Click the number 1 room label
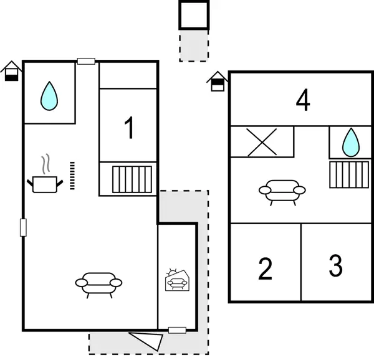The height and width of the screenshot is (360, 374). tap(129, 128)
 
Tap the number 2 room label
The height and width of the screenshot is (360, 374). tap(266, 268)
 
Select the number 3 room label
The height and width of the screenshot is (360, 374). tap(335, 266)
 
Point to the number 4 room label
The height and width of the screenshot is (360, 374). tap(302, 101)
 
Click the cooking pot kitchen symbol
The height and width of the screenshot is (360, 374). tap(46, 179)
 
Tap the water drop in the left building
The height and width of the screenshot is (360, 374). tap(49, 95)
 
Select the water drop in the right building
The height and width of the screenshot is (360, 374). tap(351, 143)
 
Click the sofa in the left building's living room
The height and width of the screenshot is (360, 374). tap(98, 283)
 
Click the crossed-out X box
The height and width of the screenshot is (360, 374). tap(262, 142)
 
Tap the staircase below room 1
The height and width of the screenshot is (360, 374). tap(132, 179)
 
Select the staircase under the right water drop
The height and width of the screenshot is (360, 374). tap(349, 174)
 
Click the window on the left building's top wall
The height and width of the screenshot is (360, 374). tap(86, 61)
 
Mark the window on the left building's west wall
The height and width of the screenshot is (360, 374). tap(24, 227)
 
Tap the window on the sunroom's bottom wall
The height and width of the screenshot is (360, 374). tap(177, 330)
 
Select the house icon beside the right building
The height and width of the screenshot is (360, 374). tap(217, 82)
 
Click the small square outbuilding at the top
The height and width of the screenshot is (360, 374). tap(194, 15)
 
